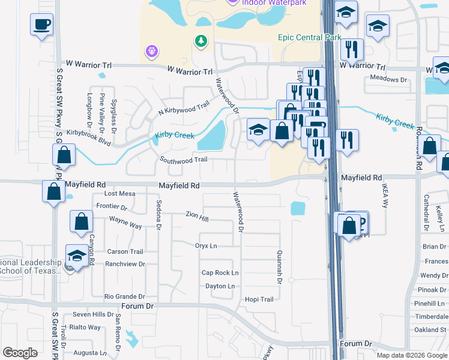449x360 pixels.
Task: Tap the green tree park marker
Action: [200, 41]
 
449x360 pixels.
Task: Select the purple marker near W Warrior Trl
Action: [151, 52]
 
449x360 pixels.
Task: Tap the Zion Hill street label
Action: [197, 214]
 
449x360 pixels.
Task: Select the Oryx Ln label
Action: [206, 246]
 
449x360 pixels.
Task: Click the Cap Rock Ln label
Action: [220, 272]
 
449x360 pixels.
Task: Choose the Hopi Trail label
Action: [259, 299]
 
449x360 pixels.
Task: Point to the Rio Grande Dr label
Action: [124, 296]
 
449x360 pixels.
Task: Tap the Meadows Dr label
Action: [388, 79]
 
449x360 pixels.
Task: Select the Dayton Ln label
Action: [220, 286]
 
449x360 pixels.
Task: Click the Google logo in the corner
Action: [20, 353]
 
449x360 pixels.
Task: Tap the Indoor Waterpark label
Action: [274, 2]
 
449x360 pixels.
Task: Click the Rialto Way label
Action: [85, 328]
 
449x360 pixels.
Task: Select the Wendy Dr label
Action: [435, 275]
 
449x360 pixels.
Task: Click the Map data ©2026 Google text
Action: [412, 355]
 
